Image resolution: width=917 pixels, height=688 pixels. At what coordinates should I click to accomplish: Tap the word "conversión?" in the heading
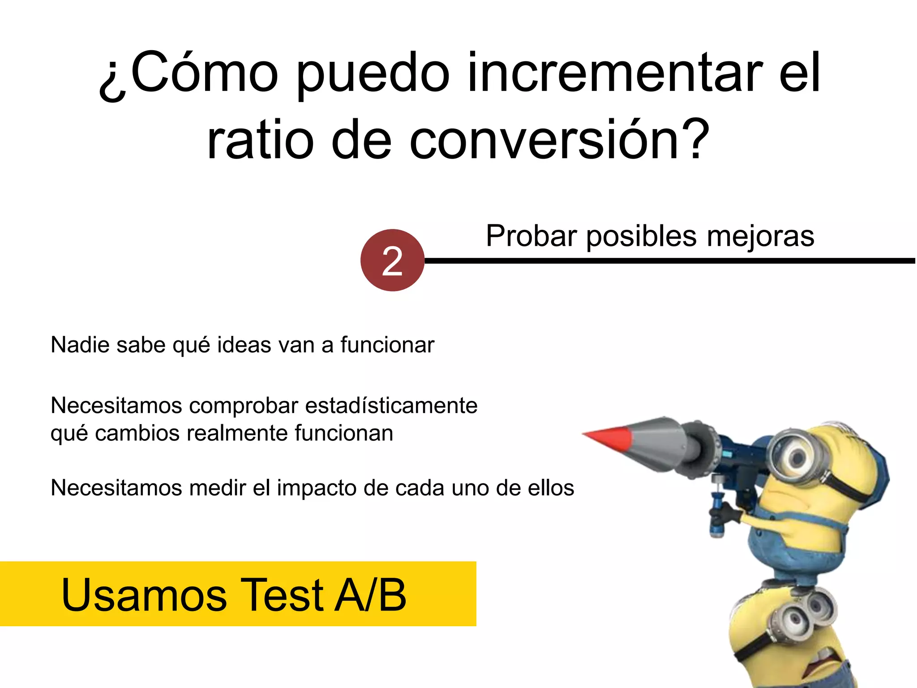click(559, 140)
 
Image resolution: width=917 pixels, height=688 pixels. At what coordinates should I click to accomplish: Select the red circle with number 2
click(392, 260)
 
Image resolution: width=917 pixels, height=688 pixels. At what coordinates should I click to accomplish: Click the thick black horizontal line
click(672, 261)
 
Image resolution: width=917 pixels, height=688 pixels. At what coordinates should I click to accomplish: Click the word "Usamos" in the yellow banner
click(144, 594)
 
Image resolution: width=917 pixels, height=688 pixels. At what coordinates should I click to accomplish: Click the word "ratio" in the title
click(260, 140)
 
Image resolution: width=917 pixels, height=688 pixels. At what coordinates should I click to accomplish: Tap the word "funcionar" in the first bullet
click(387, 345)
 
